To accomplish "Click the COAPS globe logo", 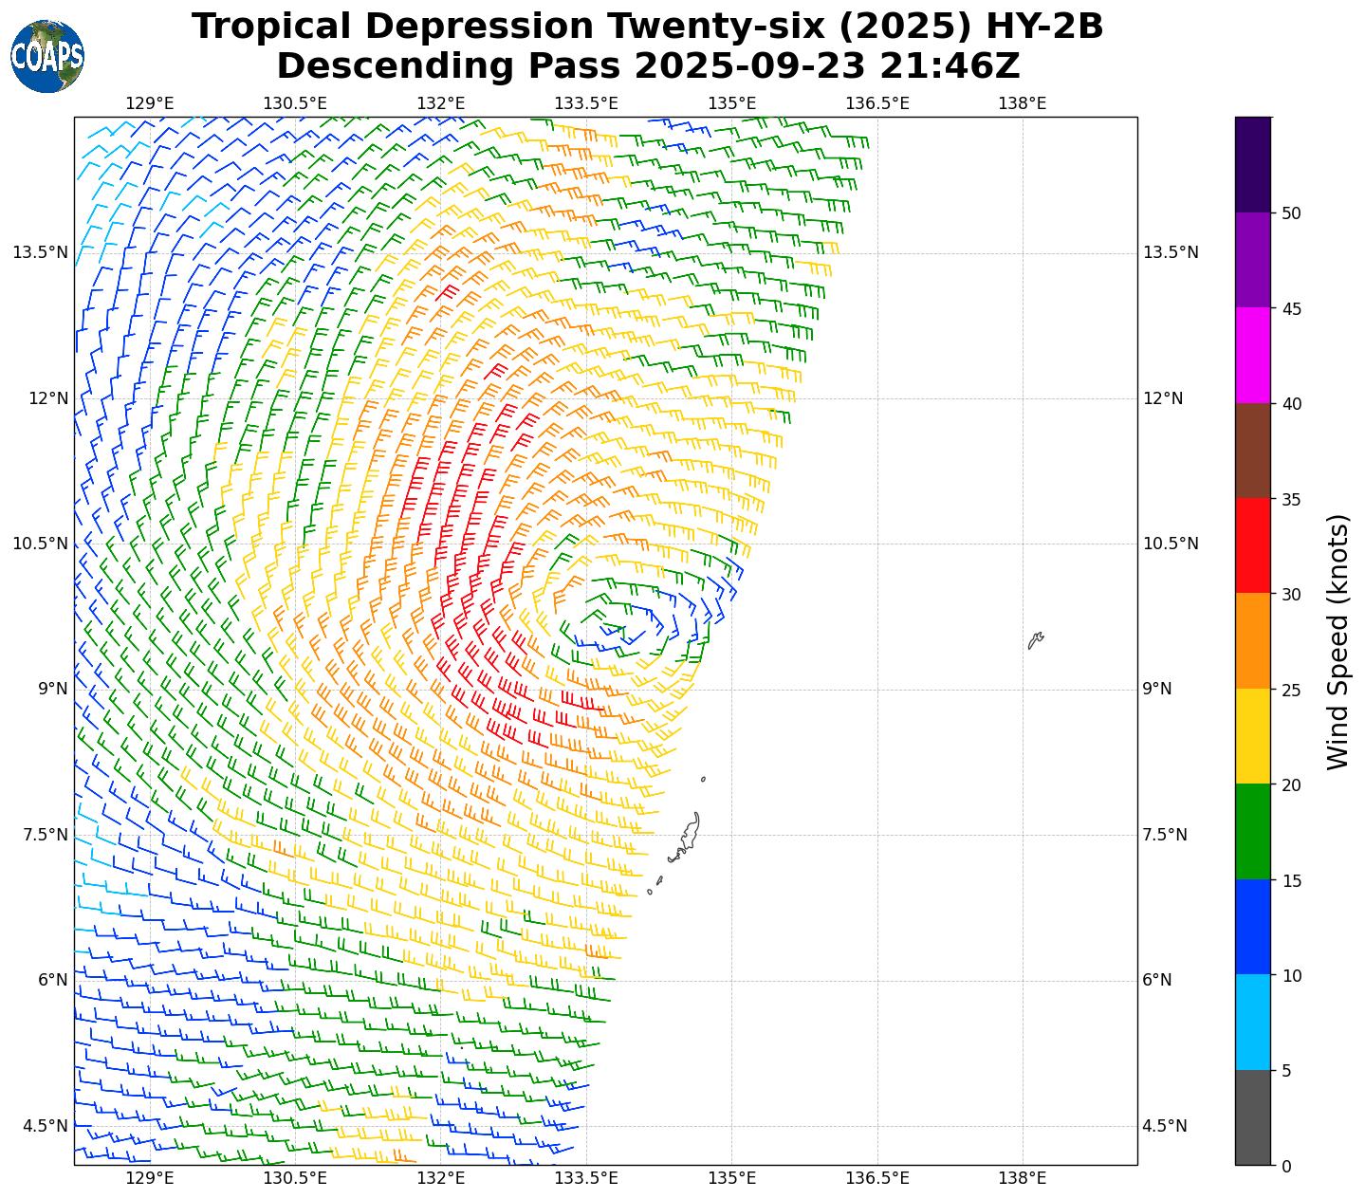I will (x=47, y=57).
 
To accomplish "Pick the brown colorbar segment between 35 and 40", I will (x=1253, y=451).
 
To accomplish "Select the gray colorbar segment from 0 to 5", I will (x=1253, y=1117).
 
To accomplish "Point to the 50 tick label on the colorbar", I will (x=1290, y=213).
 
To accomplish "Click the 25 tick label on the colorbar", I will (x=1290, y=690).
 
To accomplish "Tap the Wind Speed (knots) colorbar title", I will (x=1337, y=642).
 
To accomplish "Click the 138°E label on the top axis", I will (x=1022, y=103).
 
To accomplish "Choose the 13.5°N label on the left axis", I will (x=40, y=252).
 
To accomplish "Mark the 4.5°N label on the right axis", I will (x=1164, y=1127).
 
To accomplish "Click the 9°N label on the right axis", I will (x=1157, y=690).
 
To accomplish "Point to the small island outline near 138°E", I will (x=1035, y=640).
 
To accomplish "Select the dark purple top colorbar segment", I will (x=1253, y=165).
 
